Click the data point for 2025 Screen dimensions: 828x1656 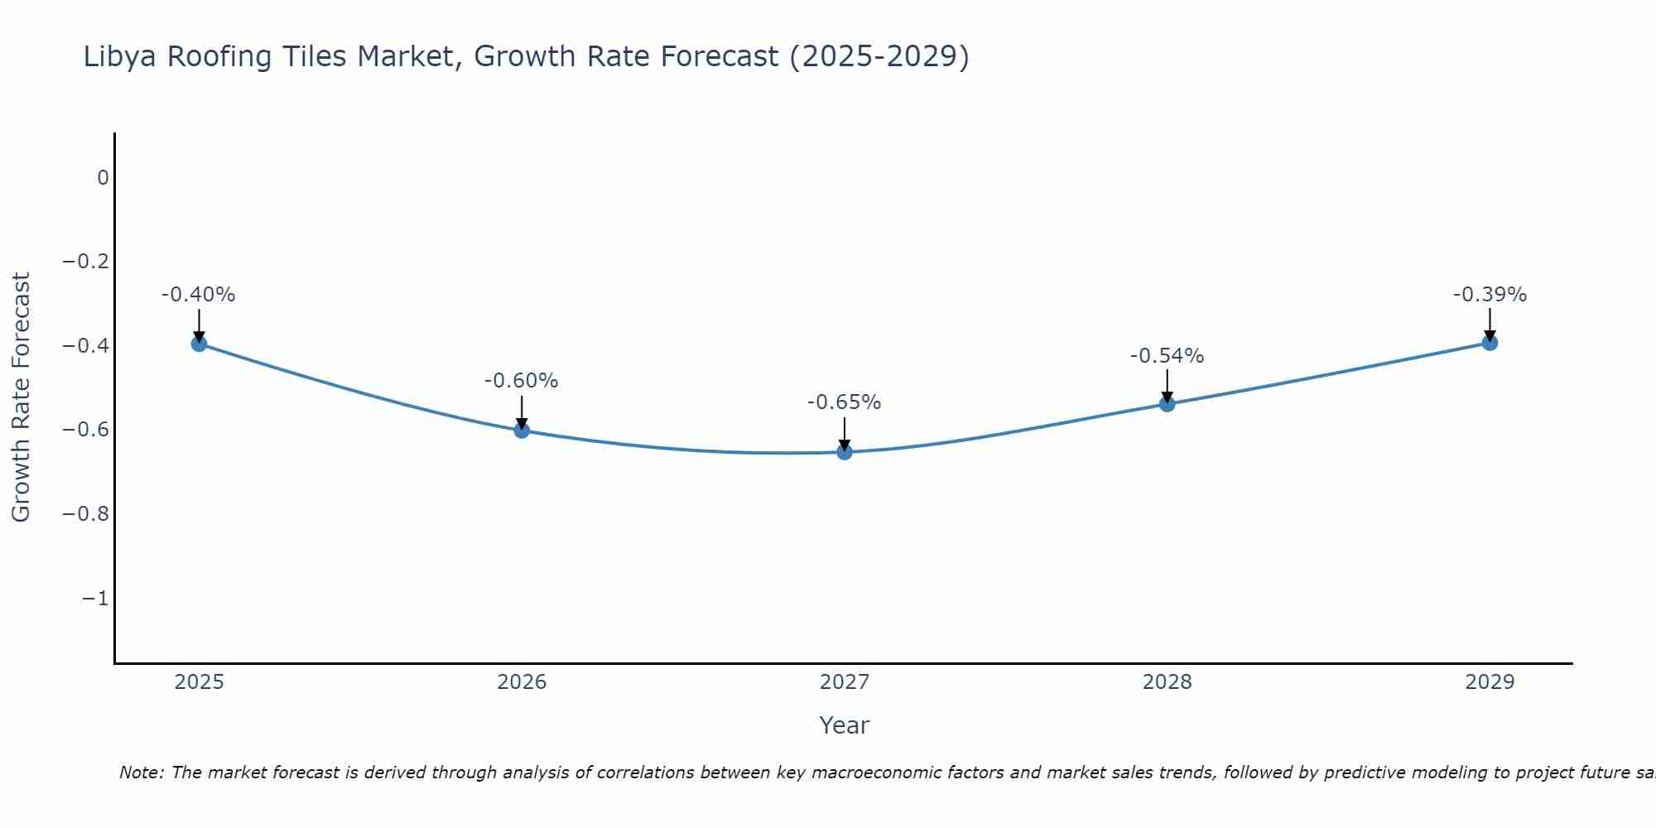(x=199, y=344)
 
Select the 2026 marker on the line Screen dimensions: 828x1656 (x=522, y=430)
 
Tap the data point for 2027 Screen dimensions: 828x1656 (x=845, y=452)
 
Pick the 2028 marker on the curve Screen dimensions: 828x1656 (x=1167, y=404)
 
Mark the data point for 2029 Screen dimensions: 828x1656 (x=1490, y=343)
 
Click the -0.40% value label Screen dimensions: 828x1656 (x=199, y=295)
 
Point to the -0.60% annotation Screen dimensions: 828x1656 (x=522, y=381)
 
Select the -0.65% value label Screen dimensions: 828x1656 (x=845, y=402)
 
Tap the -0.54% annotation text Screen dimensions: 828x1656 (x=1167, y=356)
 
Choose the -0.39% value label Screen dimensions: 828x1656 (x=1490, y=295)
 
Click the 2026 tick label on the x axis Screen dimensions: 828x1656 (x=522, y=682)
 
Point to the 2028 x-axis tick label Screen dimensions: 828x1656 (x=1167, y=682)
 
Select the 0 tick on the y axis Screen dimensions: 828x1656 (x=103, y=178)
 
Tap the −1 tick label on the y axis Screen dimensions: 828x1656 (x=95, y=599)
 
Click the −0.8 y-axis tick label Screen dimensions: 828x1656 (x=85, y=514)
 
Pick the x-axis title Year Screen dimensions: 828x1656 (x=845, y=725)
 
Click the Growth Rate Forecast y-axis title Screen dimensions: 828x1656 (x=21, y=397)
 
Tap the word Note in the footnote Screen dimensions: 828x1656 (x=142, y=773)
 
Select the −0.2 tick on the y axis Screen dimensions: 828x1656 (x=85, y=262)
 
